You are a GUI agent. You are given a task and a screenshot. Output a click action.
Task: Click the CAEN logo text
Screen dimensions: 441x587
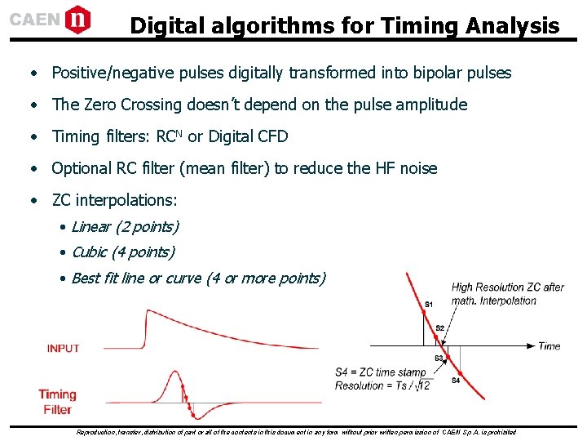click(34, 19)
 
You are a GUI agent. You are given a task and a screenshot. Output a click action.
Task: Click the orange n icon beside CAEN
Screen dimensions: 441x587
click(77, 18)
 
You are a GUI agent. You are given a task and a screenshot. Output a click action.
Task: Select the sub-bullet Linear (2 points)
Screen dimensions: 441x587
click(125, 226)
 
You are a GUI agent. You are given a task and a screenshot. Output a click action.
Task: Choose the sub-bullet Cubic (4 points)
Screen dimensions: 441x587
click(122, 252)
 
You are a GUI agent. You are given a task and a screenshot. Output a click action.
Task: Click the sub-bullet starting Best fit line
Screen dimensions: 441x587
click(198, 278)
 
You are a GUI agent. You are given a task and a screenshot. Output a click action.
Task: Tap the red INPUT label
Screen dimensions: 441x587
click(64, 348)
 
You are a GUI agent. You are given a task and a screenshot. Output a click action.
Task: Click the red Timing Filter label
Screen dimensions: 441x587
click(57, 402)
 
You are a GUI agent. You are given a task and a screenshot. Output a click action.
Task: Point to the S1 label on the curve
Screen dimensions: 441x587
click(429, 305)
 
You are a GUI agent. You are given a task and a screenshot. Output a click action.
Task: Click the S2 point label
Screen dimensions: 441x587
click(440, 328)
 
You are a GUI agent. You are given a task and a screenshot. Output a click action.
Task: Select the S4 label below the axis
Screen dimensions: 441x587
click(455, 381)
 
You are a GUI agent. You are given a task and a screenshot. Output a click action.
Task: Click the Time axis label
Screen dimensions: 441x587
click(549, 346)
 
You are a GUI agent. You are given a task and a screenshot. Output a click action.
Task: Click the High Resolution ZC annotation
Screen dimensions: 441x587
click(507, 293)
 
